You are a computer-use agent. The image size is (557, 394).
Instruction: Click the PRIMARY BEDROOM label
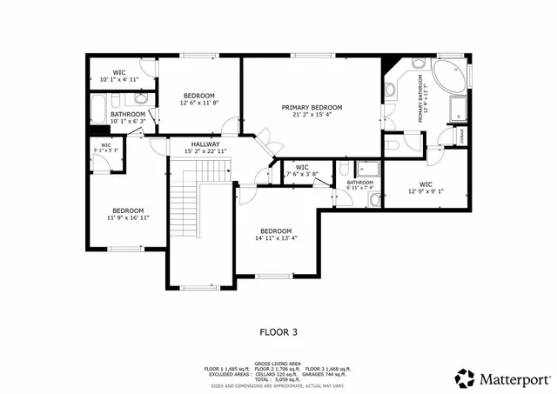(312, 108)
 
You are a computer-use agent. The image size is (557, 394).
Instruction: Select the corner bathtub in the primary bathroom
(449, 77)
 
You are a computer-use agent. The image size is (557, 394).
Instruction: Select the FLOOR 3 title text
(278, 331)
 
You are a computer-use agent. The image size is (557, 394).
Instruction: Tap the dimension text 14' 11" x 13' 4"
(276, 238)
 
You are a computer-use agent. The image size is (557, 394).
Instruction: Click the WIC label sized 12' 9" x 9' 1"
(426, 184)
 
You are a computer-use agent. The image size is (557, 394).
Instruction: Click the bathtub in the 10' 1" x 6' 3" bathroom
(98, 111)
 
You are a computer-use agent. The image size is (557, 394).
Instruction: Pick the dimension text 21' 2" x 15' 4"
(312, 115)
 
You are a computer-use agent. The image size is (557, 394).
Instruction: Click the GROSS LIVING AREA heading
(278, 363)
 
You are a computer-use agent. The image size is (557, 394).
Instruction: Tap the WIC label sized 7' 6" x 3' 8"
(302, 166)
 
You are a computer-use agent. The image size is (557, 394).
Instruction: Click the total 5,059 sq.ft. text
(278, 380)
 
